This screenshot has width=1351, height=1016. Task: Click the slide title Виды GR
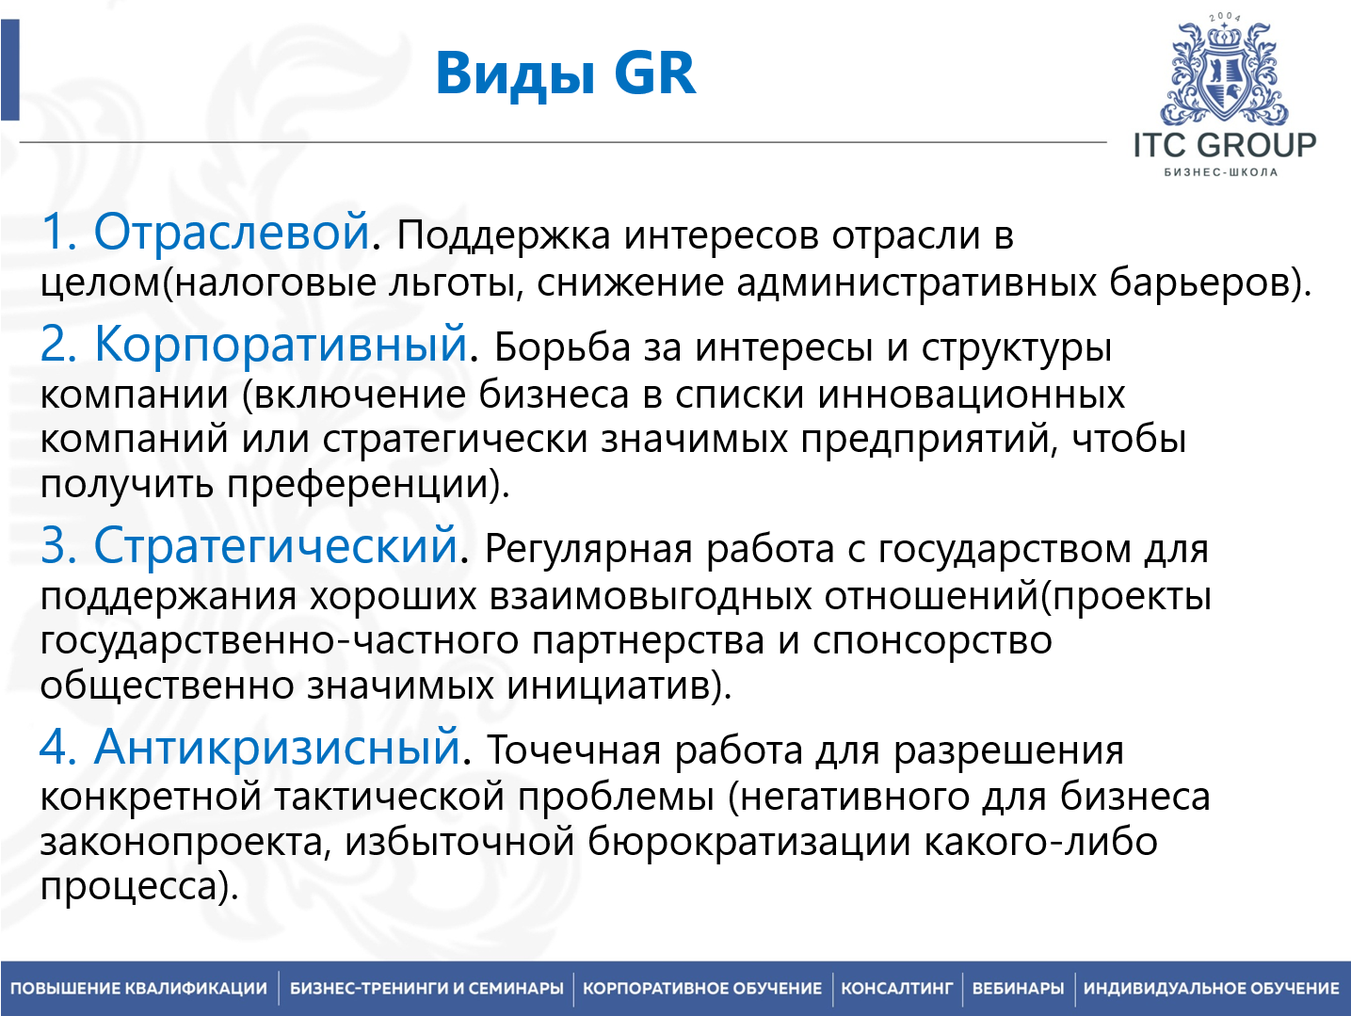[566, 73]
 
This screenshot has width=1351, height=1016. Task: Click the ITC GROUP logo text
[1224, 145]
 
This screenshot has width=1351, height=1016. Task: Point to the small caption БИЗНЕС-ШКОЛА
[1221, 172]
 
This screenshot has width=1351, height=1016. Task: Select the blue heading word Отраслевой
[232, 232]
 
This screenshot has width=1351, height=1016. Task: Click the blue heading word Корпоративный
[281, 344]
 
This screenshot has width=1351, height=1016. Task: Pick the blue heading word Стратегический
[276, 545]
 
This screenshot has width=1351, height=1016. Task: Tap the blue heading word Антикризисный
[277, 747]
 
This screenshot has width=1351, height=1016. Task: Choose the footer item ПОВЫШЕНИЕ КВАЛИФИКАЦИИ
[139, 989]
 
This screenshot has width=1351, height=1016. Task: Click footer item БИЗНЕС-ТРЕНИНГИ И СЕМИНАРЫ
[426, 989]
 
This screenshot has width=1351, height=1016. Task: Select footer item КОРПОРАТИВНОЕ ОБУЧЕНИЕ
[702, 989]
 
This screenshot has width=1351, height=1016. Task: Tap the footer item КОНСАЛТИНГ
[896, 989]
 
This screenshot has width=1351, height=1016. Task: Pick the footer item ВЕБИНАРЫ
[1018, 989]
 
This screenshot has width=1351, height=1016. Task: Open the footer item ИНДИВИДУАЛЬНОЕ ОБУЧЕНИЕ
[1211, 989]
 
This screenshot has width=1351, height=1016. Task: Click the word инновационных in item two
[971, 395]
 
